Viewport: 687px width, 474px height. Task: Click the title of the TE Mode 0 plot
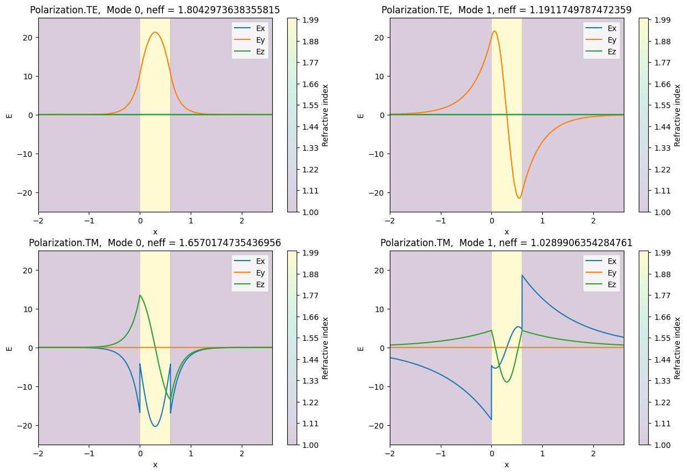[155, 9]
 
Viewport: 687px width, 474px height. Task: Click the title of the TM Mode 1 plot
[506, 242]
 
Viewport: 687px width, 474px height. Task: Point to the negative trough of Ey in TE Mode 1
[519, 198]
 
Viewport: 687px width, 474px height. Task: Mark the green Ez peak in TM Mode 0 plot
[140, 295]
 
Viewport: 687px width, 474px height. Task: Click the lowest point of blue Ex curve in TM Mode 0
[155, 426]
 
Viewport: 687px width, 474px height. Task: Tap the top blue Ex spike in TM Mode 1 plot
[522, 275]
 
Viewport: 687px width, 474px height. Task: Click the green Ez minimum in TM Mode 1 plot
[507, 382]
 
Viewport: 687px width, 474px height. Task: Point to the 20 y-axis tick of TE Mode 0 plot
[29, 37]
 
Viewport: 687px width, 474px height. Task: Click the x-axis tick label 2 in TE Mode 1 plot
[593, 220]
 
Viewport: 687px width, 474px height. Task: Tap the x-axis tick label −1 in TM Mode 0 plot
[89, 453]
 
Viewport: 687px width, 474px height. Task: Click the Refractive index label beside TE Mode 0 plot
[325, 115]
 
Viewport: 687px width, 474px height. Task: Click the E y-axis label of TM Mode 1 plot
[361, 348]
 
